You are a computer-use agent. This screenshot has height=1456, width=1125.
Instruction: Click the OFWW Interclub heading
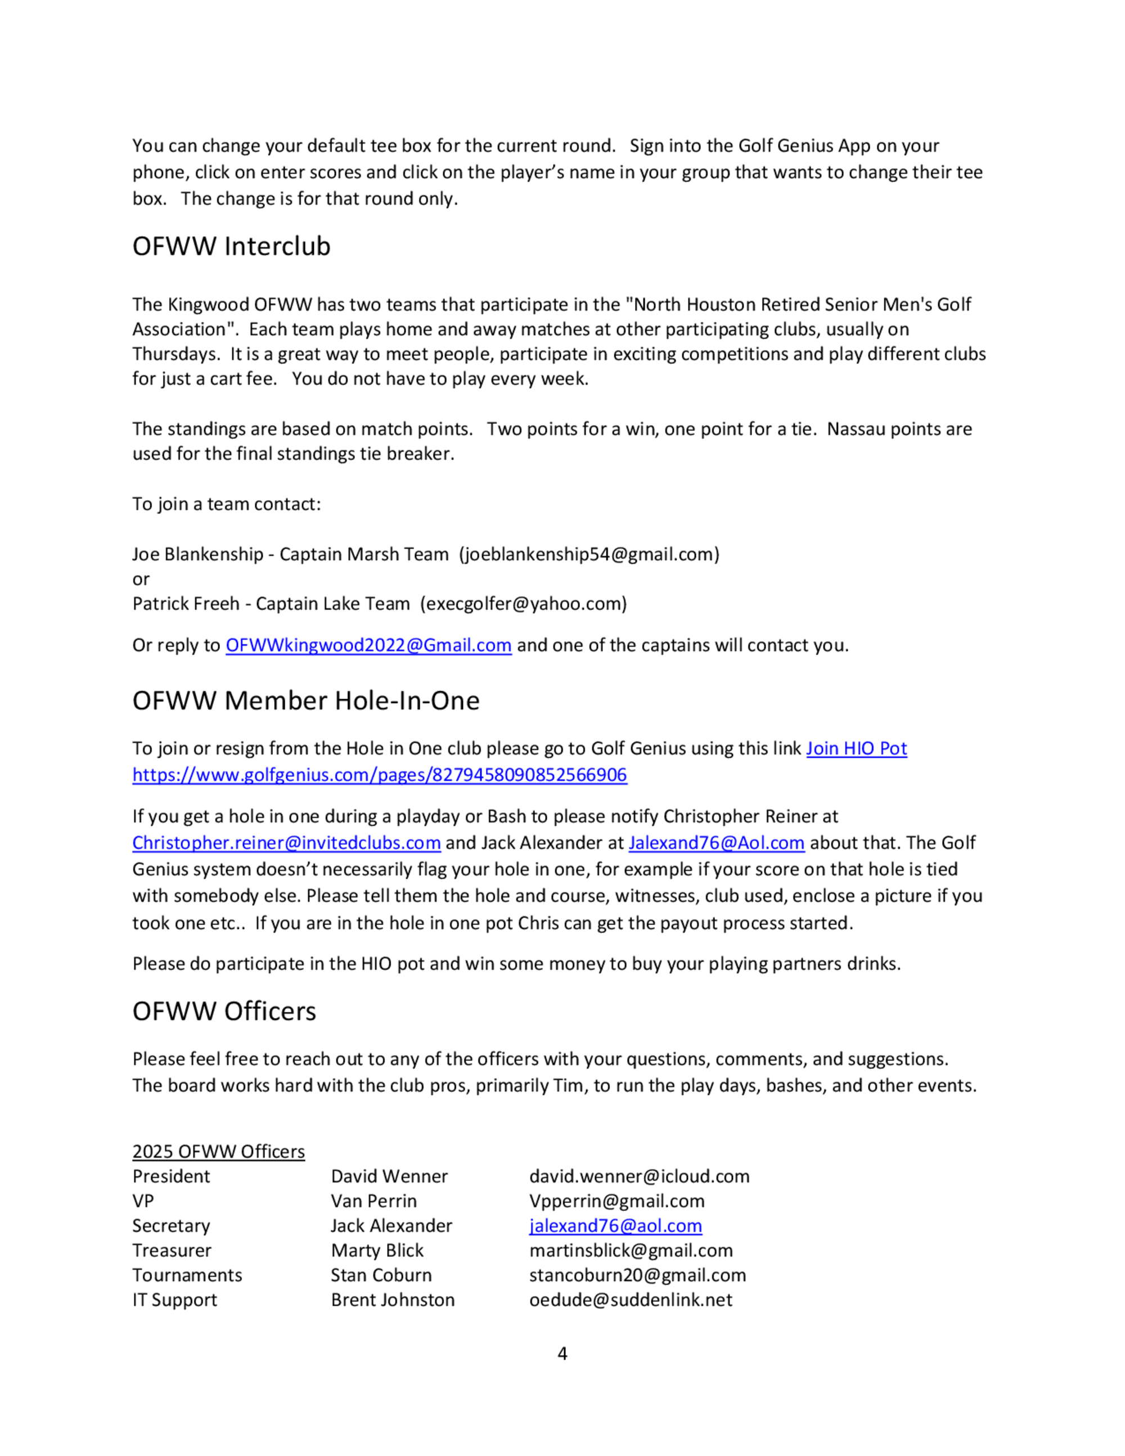pyautogui.click(x=231, y=246)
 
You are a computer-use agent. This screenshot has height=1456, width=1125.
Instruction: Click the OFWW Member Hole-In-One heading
pyautogui.click(x=306, y=700)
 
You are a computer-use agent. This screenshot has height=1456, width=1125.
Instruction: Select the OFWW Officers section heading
pyautogui.click(x=224, y=1012)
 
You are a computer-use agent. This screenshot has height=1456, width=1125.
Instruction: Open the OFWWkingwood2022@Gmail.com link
pyautogui.click(x=368, y=645)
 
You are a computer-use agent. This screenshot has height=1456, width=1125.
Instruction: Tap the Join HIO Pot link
pyautogui.click(x=857, y=749)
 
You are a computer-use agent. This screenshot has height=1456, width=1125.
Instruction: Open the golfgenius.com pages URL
pyautogui.click(x=379, y=775)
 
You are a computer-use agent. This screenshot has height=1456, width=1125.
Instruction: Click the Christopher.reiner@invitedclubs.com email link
pyautogui.click(x=286, y=843)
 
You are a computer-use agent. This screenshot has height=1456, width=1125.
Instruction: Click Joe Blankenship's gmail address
pyautogui.click(x=589, y=555)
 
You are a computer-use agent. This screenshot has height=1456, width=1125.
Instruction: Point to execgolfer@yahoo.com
pyautogui.click(x=523, y=604)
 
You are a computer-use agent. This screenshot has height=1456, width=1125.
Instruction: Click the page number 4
pyautogui.click(x=562, y=1354)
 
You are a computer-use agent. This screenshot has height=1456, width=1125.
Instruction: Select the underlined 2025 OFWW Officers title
pyautogui.click(x=219, y=1152)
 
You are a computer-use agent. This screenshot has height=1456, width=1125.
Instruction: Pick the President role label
pyautogui.click(x=170, y=1176)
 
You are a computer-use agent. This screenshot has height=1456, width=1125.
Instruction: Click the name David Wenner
pyautogui.click(x=389, y=1176)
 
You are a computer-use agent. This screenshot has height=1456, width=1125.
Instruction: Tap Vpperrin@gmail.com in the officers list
pyautogui.click(x=616, y=1201)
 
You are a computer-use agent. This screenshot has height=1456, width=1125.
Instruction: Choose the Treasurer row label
pyautogui.click(x=172, y=1251)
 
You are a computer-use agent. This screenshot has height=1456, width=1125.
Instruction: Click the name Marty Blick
pyautogui.click(x=377, y=1251)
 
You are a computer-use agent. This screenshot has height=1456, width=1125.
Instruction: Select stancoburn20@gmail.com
pyautogui.click(x=637, y=1275)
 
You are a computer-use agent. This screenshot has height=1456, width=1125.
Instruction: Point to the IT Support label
pyautogui.click(x=174, y=1300)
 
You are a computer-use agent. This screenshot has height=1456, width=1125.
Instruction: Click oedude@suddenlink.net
pyautogui.click(x=631, y=1300)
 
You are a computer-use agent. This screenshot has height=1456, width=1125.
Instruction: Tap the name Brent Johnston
pyautogui.click(x=393, y=1300)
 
